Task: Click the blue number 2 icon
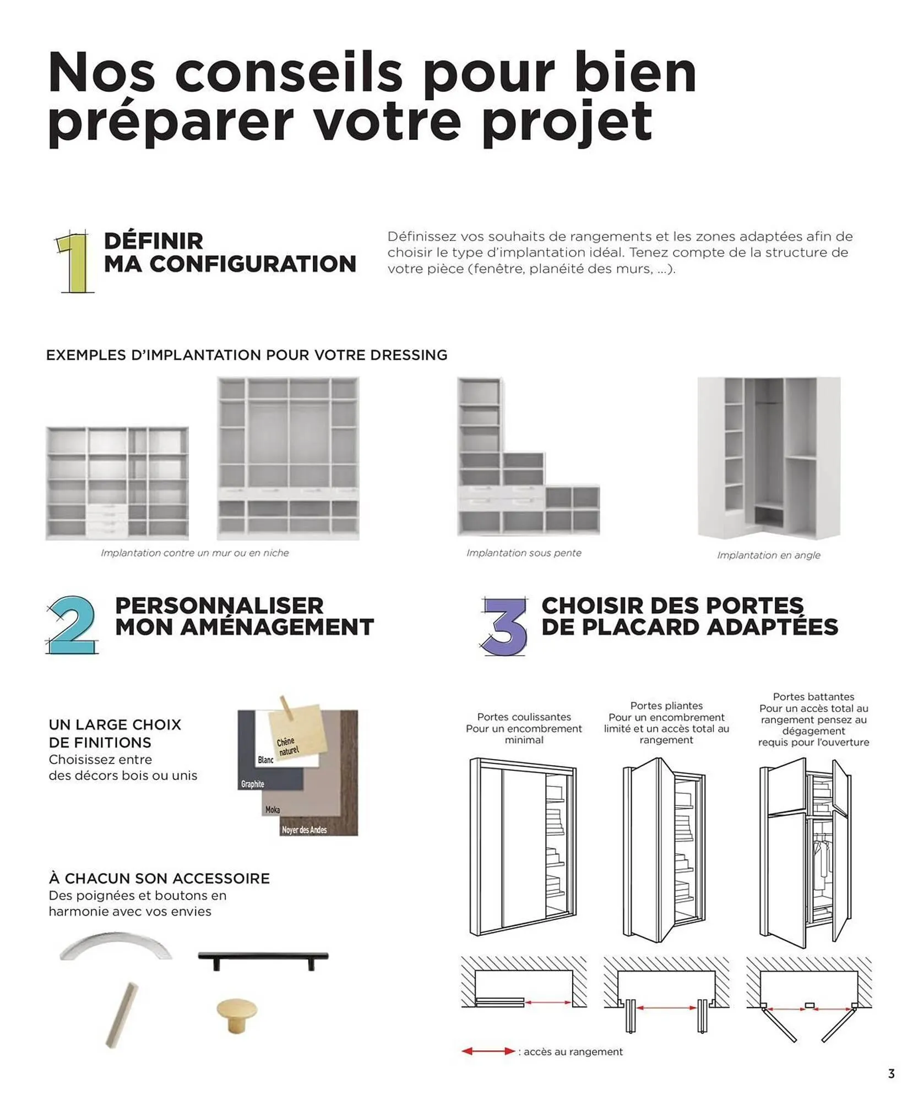pyautogui.click(x=72, y=625)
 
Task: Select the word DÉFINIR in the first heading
pyautogui.click(x=154, y=241)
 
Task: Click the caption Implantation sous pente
pyautogui.click(x=524, y=553)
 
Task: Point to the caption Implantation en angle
pyautogui.click(x=768, y=555)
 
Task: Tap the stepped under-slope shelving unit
pyautogui.click(x=528, y=457)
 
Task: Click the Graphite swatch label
pyautogui.click(x=253, y=784)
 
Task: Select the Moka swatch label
pyautogui.click(x=273, y=809)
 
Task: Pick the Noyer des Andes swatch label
pyautogui.click(x=304, y=830)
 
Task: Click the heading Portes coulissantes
pyautogui.click(x=524, y=717)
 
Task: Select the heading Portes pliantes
pyautogui.click(x=666, y=706)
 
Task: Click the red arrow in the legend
pyautogui.click(x=487, y=1051)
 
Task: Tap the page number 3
pyautogui.click(x=892, y=1073)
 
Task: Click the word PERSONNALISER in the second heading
pyautogui.click(x=219, y=606)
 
